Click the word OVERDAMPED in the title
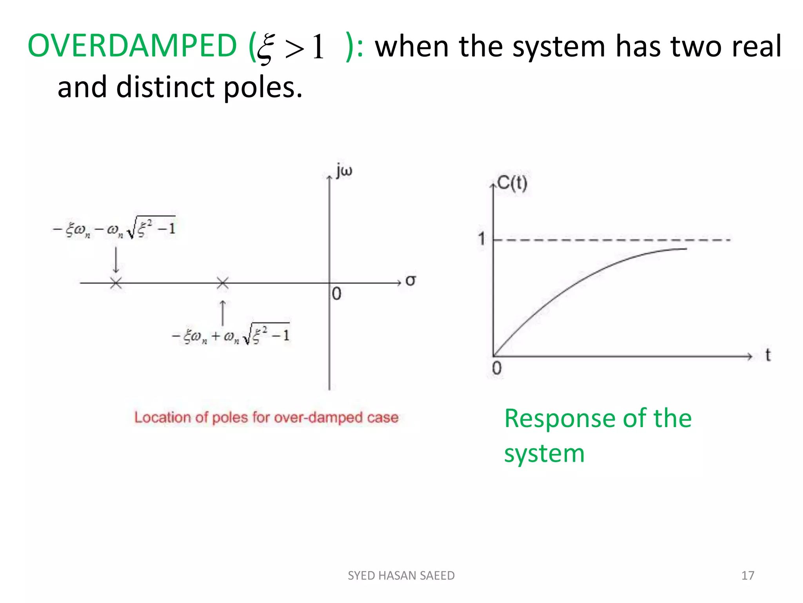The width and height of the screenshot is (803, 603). (132, 46)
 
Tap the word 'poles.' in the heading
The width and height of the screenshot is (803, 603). (263, 87)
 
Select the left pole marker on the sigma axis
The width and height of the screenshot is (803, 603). (116, 283)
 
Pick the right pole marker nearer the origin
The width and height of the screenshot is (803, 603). (223, 283)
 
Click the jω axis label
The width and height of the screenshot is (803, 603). (344, 171)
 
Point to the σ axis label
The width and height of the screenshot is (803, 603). (410, 280)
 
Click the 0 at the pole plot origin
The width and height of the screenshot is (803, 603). (336, 294)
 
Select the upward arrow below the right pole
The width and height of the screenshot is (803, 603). (223, 312)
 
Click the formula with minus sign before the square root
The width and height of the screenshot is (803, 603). (114, 228)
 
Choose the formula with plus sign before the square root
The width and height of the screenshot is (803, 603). (231, 335)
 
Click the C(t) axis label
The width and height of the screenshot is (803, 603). (512, 183)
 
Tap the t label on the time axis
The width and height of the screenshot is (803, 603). (768, 355)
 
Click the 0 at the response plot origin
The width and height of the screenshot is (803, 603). (496, 369)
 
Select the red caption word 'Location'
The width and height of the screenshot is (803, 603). (163, 417)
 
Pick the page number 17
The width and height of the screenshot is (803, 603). (748, 576)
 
